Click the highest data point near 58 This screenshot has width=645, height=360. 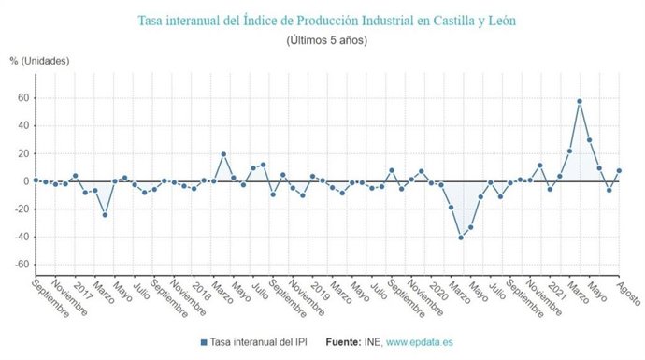tap(580, 101)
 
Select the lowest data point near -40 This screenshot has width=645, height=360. tap(461, 238)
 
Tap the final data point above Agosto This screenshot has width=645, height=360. tap(619, 171)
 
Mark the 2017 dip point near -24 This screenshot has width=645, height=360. tap(105, 215)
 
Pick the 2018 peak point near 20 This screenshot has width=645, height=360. tap(223, 154)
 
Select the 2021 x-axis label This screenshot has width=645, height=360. tap(552, 291)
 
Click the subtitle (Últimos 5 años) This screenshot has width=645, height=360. tap(326, 40)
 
